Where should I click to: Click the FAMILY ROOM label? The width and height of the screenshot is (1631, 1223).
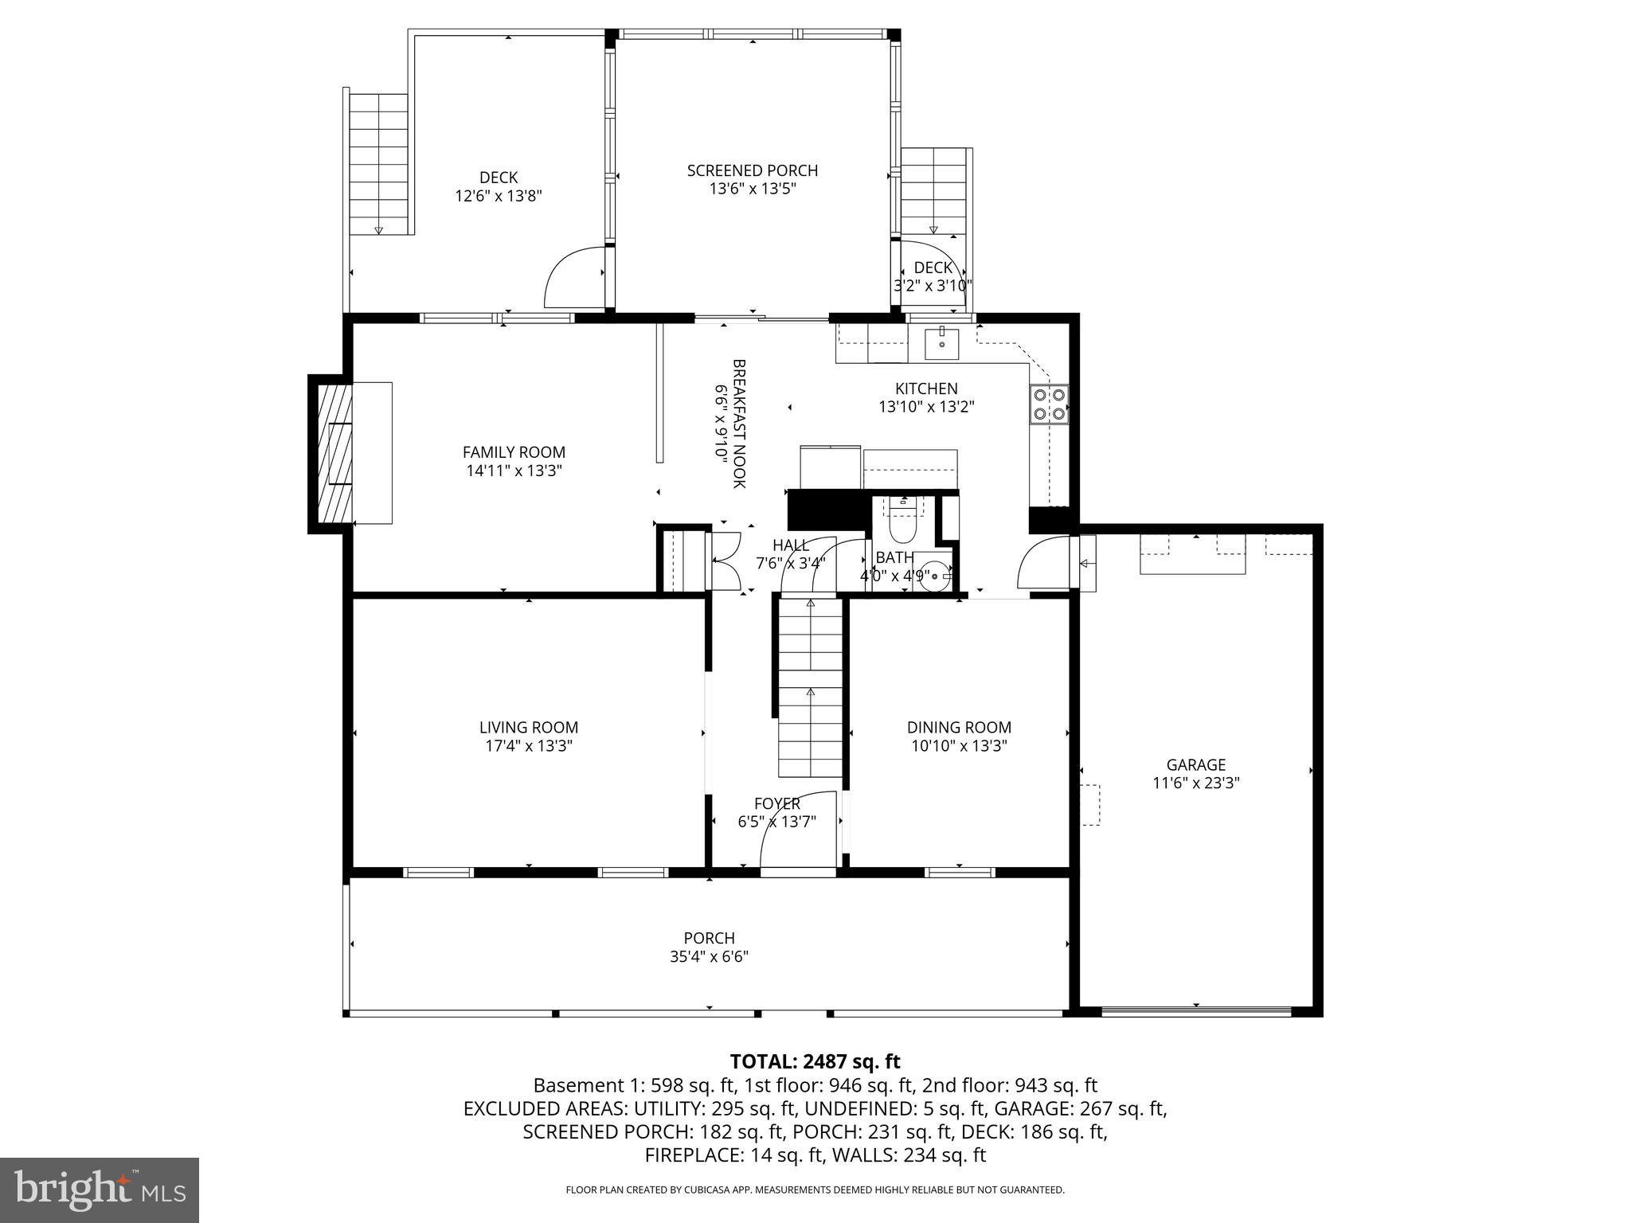point(514,452)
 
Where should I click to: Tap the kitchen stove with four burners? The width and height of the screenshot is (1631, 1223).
point(1049,403)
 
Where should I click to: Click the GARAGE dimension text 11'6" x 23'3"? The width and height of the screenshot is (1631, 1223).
point(1195,783)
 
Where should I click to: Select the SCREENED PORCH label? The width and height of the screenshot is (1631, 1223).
point(752,170)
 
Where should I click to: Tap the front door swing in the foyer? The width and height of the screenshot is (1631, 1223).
point(796,832)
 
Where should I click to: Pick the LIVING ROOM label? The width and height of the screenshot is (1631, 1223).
point(528,727)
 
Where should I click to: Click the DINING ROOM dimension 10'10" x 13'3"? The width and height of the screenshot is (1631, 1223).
point(959,746)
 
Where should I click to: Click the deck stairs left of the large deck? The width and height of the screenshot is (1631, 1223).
point(379,163)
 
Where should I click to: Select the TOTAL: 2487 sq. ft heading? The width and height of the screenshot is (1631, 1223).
point(815,1061)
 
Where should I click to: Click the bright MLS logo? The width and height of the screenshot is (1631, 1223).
point(99,1190)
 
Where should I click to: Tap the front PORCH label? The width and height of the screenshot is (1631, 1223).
point(709,939)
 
